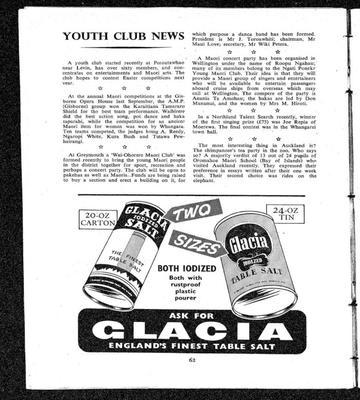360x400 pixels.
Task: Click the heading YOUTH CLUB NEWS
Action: [123, 36]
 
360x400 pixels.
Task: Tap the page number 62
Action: [192, 360]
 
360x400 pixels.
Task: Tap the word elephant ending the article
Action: [203, 180]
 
